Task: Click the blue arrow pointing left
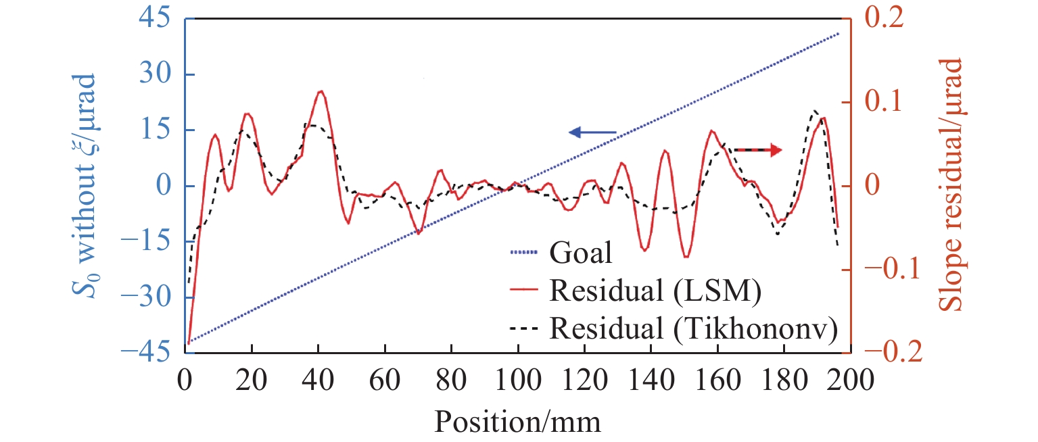tap(592, 132)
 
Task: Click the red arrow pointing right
tap(758, 150)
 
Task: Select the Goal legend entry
tap(580, 254)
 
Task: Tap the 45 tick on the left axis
tap(154, 20)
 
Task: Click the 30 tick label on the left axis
tap(154, 75)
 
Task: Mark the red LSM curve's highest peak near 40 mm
tap(321, 91)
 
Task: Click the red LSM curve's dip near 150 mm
tap(686, 257)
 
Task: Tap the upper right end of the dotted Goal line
tap(839, 33)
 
